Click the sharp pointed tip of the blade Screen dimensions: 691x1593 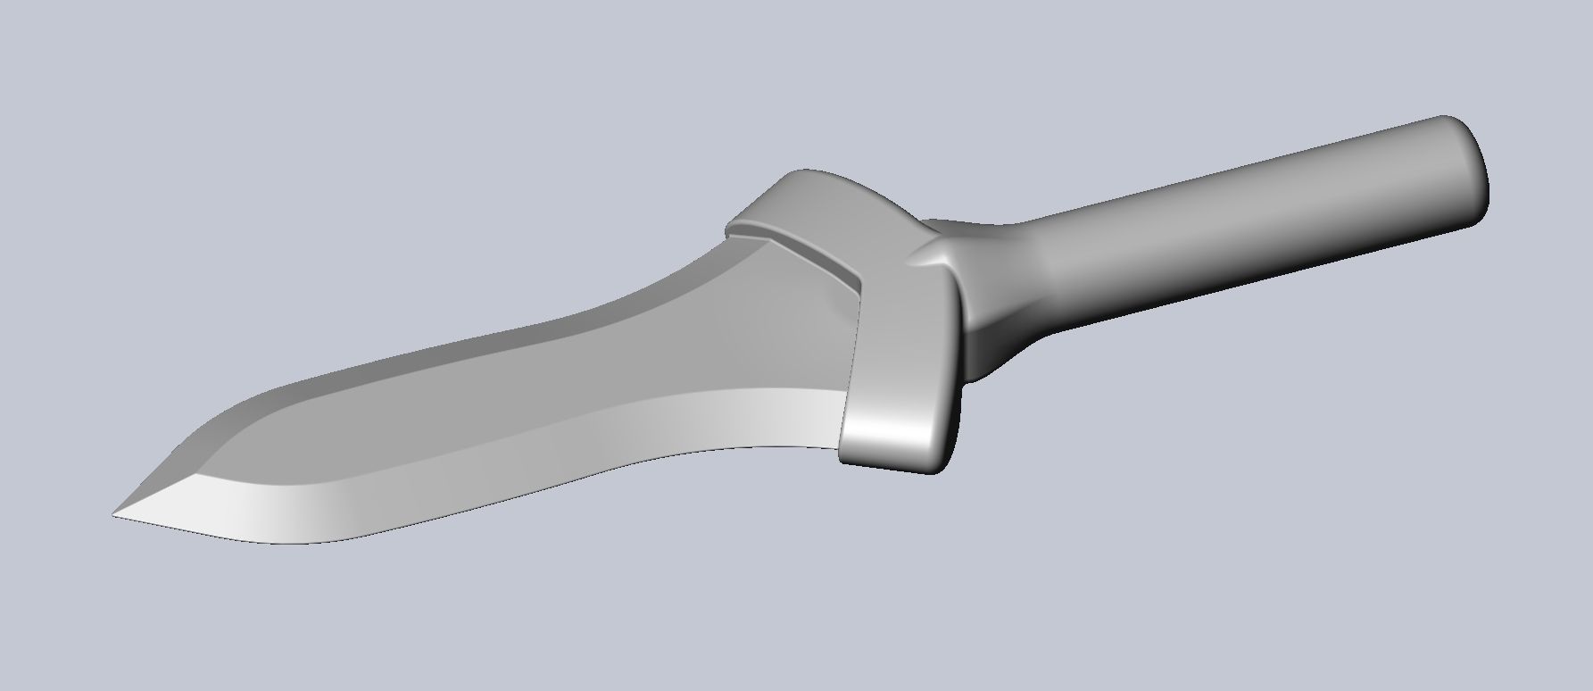tap(114, 514)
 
